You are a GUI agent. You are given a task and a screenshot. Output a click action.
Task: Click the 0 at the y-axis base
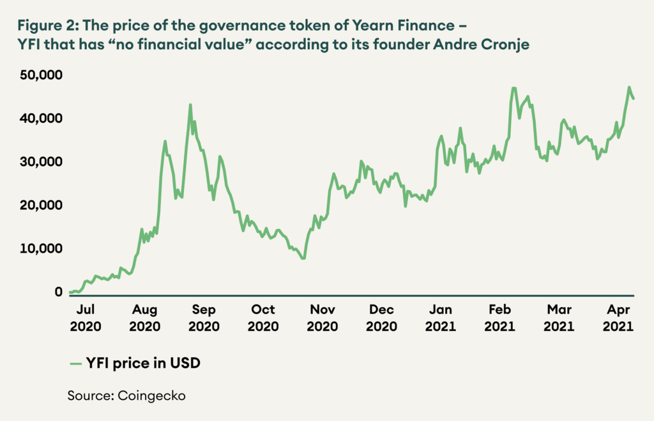point(58,292)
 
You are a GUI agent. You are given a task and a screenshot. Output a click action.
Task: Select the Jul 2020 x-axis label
point(86,317)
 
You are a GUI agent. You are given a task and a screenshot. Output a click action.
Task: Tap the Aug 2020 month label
point(145,317)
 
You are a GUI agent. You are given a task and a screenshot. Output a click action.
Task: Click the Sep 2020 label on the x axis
point(204,317)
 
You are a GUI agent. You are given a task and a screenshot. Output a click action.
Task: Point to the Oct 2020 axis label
point(263,317)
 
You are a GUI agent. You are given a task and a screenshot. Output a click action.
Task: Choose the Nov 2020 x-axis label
point(323,317)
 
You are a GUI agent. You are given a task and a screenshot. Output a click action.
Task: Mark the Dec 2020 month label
point(382,317)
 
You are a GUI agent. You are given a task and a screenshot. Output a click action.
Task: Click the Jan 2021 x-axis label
point(441,317)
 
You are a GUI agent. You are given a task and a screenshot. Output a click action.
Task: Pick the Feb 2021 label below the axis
point(499,317)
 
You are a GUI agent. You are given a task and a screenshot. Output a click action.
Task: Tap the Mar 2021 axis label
point(560,317)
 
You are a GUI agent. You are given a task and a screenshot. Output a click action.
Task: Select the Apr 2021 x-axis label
point(618,317)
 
